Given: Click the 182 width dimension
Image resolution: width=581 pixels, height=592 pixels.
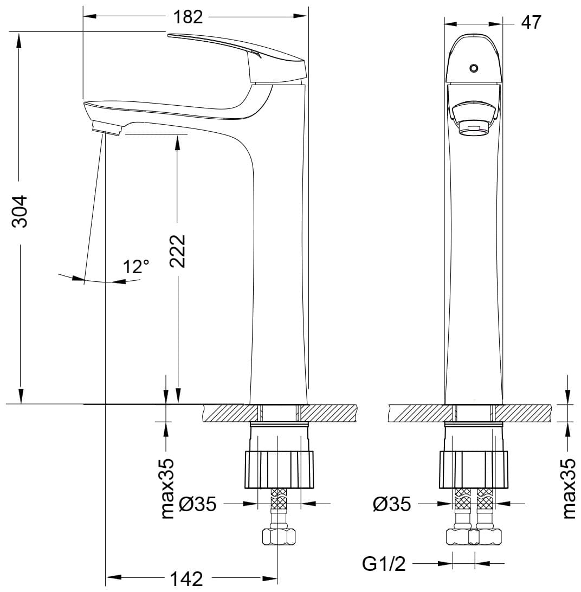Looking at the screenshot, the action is pyautogui.click(x=188, y=17).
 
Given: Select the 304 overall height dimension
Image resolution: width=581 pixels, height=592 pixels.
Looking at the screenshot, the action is pyautogui.click(x=20, y=211).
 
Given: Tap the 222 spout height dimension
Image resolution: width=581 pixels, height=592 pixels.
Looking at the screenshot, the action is pyautogui.click(x=177, y=251).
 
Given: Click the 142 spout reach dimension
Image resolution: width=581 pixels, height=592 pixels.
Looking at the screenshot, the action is pyautogui.click(x=186, y=578).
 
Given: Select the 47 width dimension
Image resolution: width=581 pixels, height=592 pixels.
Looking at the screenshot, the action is pyautogui.click(x=531, y=23).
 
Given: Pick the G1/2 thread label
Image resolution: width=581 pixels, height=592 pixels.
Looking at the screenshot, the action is pyautogui.click(x=384, y=564).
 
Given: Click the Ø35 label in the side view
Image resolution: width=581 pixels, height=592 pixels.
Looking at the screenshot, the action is pyautogui.click(x=198, y=504).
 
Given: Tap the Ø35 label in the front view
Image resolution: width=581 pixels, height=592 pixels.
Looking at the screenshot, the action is pyautogui.click(x=392, y=504).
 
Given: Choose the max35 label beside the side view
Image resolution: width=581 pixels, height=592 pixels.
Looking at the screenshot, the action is pyautogui.click(x=167, y=488).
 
